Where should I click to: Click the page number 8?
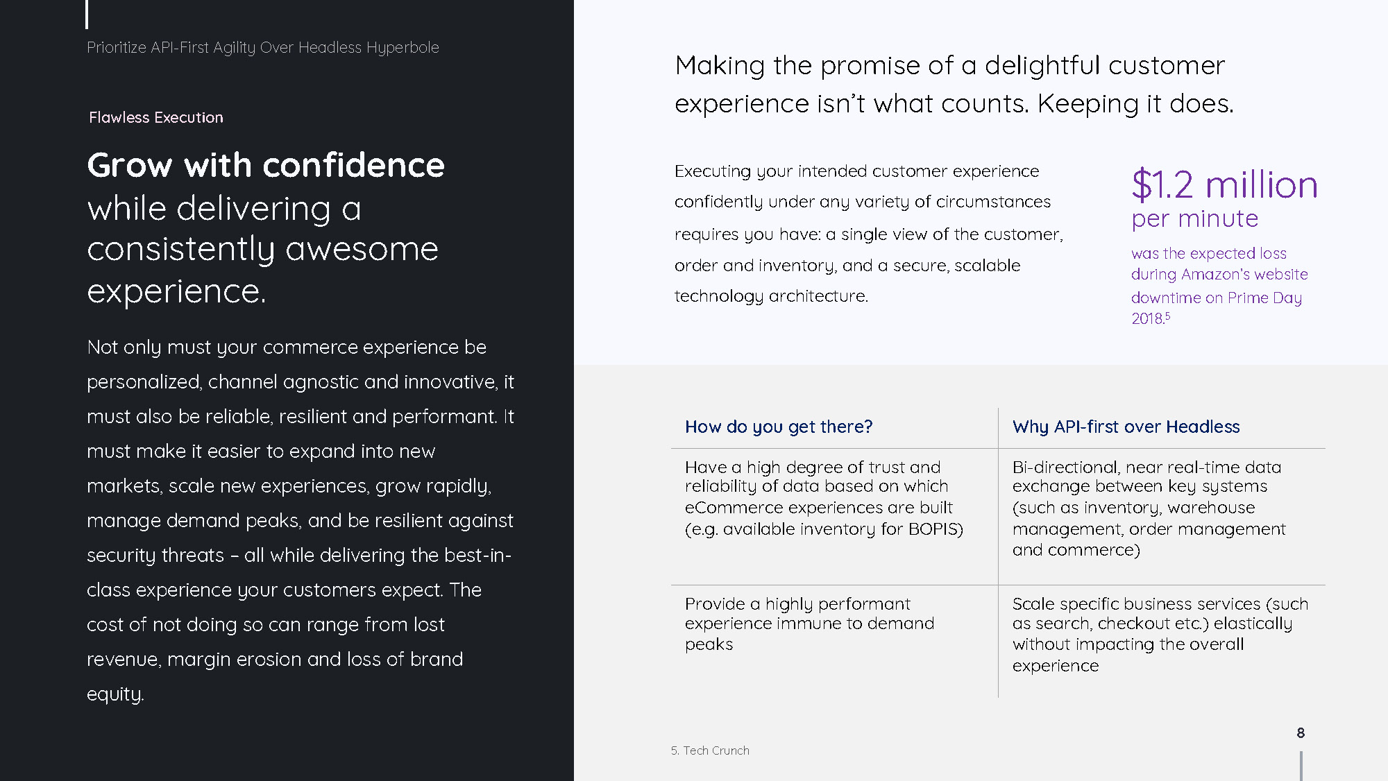click(1301, 732)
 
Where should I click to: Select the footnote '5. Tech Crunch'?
click(710, 750)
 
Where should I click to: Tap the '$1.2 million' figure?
click(1224, 184)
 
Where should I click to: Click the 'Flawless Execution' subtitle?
click(156, 117)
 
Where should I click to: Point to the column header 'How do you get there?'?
click(779, 427)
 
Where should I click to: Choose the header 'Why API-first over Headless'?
click(1126, 427)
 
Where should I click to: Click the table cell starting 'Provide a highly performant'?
click(809, 624)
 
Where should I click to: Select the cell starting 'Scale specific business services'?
click(1160, 634)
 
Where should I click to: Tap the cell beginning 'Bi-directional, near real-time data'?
click(1149, 508)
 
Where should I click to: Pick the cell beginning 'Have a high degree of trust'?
click(824, 498)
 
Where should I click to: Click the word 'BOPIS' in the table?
click(936, 529)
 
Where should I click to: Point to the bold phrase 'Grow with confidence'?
click(266, 165)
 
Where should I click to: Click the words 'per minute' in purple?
click(1194, 219)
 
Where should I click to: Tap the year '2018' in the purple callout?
click(1147, 318)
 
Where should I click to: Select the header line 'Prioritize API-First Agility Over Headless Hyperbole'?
click(263, 48)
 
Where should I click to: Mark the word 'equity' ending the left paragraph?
click(114, 694)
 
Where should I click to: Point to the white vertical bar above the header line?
click(87, 14)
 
